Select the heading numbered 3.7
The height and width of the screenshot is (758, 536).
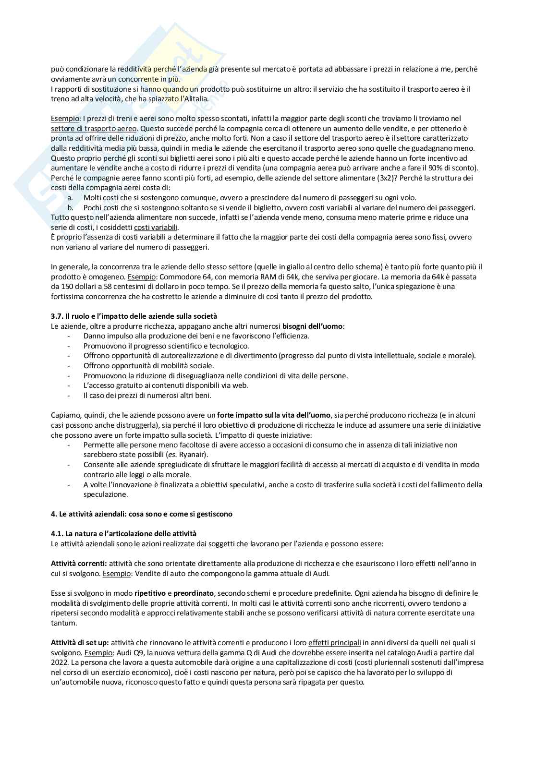point(134,316)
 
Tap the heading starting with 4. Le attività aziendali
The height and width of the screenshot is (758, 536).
point(141,514)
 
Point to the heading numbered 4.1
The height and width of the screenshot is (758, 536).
point(123,533)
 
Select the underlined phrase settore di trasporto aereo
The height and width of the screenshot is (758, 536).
point(94,128)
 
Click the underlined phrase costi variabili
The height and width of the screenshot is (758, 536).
point(156,227)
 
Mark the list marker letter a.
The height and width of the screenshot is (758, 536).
point(70,197)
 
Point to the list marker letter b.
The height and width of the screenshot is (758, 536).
point(70,207)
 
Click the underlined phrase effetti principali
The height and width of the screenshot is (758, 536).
point(334,642)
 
